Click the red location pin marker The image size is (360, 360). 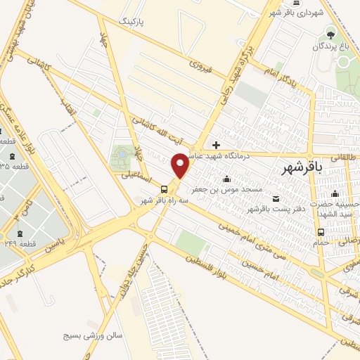tap(181, 165)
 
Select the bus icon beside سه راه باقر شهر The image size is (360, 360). tap(164, 188)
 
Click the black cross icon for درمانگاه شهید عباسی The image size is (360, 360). tap(216, 144)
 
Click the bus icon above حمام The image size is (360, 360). tap(321, 233)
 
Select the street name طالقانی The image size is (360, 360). tap(345, 158)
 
